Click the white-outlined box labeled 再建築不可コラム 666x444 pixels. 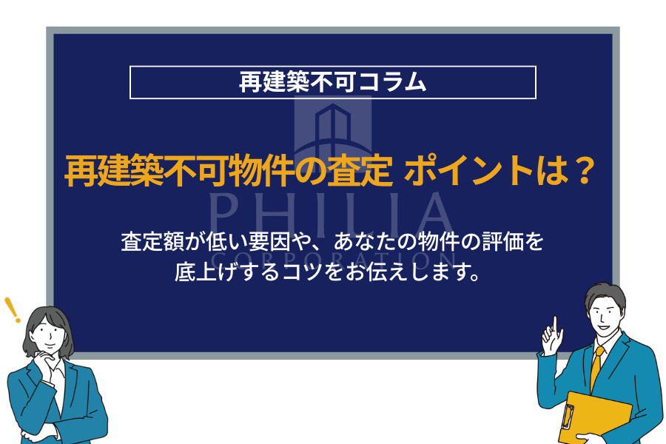click(332, 82)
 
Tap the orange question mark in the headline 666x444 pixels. click(585, 172)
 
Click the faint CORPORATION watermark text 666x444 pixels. click(332, 260)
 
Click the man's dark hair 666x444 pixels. click(605, 295)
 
